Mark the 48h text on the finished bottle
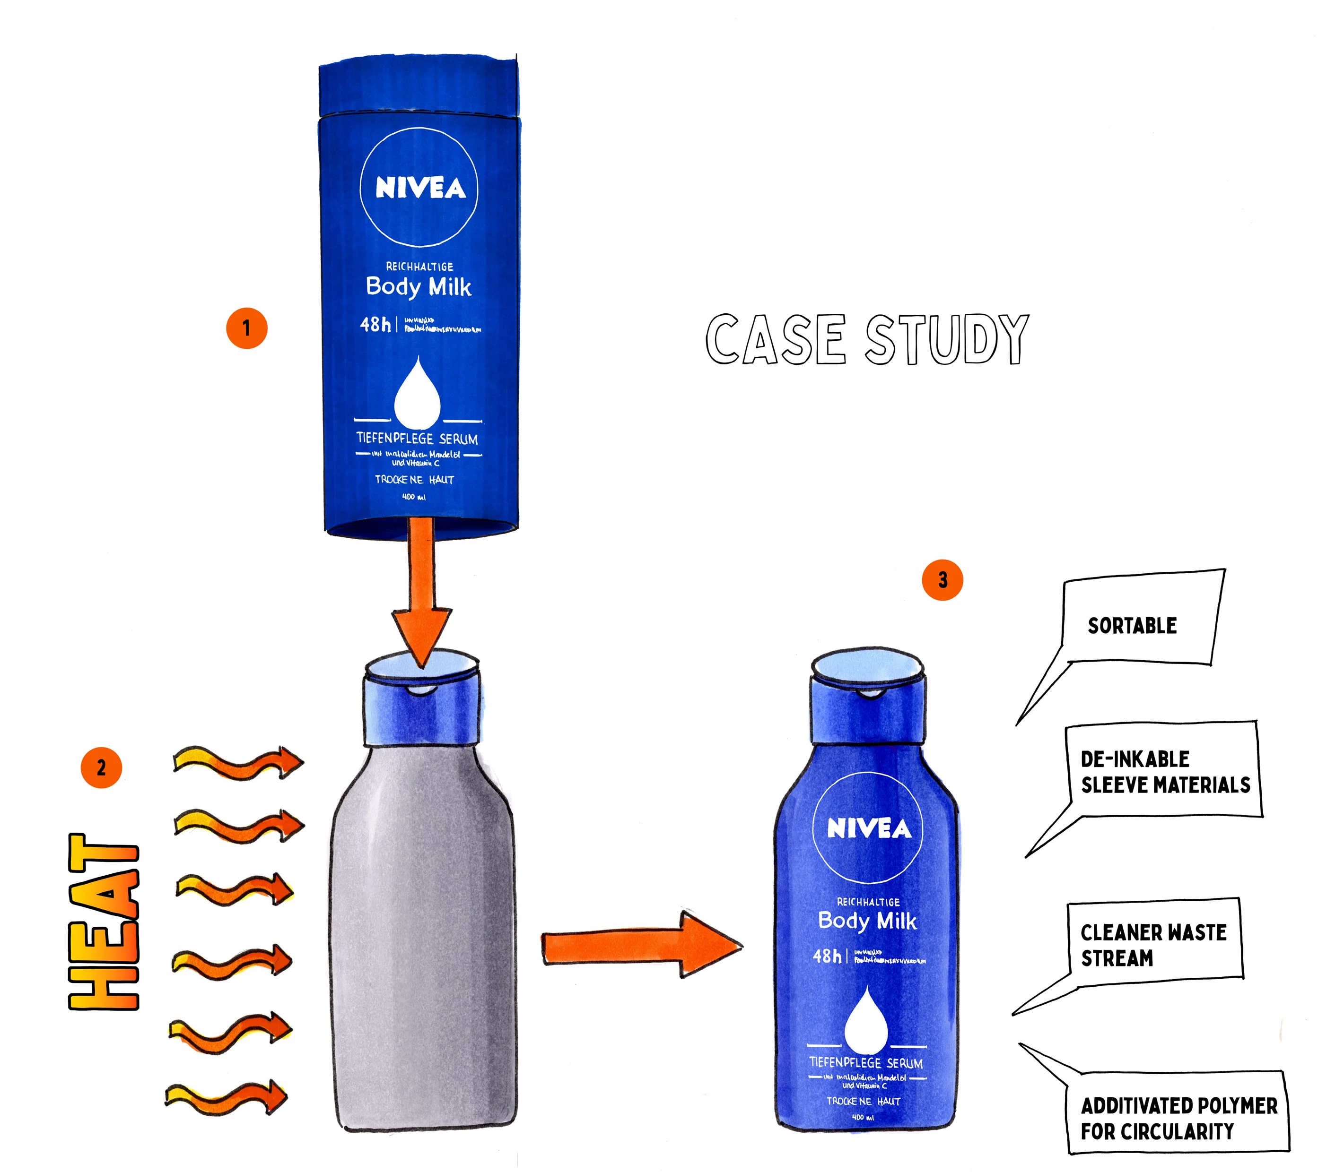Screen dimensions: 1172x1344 click(x=827, y=956)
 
